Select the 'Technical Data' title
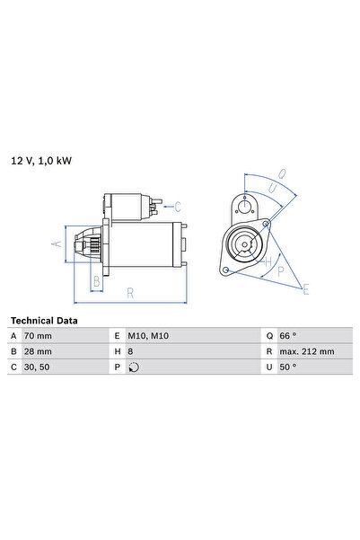(43, 320)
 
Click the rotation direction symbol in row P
(135, 367)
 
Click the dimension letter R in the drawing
(131, 292)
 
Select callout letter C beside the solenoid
(178, 206)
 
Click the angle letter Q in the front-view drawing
(281, 174)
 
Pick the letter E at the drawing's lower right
(306, 288)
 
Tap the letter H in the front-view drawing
(268, 261)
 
